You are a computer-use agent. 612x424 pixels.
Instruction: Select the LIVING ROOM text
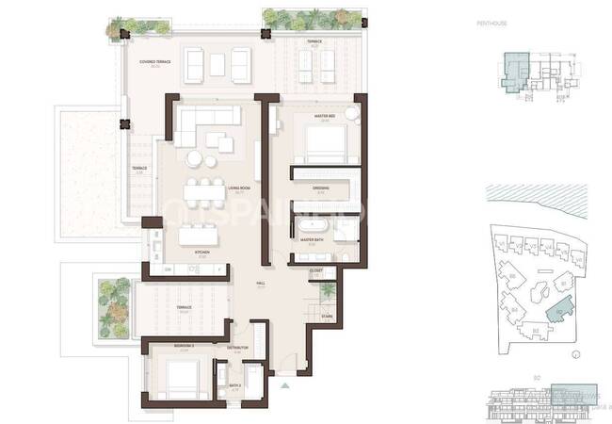tap(238, 188)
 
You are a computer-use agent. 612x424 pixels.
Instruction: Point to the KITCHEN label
tap(201, 253)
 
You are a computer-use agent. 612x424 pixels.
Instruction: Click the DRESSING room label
tap(320, 188)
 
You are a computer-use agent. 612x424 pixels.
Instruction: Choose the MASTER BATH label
tap(313, 239)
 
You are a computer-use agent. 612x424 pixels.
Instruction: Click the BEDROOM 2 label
tap(184, 346)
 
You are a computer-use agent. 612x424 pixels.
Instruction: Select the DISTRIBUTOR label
tap(237, 348)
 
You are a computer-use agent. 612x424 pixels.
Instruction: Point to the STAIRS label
tap(327, 316)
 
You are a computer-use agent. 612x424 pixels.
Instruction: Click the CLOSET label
tap(315, 270)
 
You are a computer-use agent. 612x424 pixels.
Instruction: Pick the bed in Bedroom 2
tap(183, 380)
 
